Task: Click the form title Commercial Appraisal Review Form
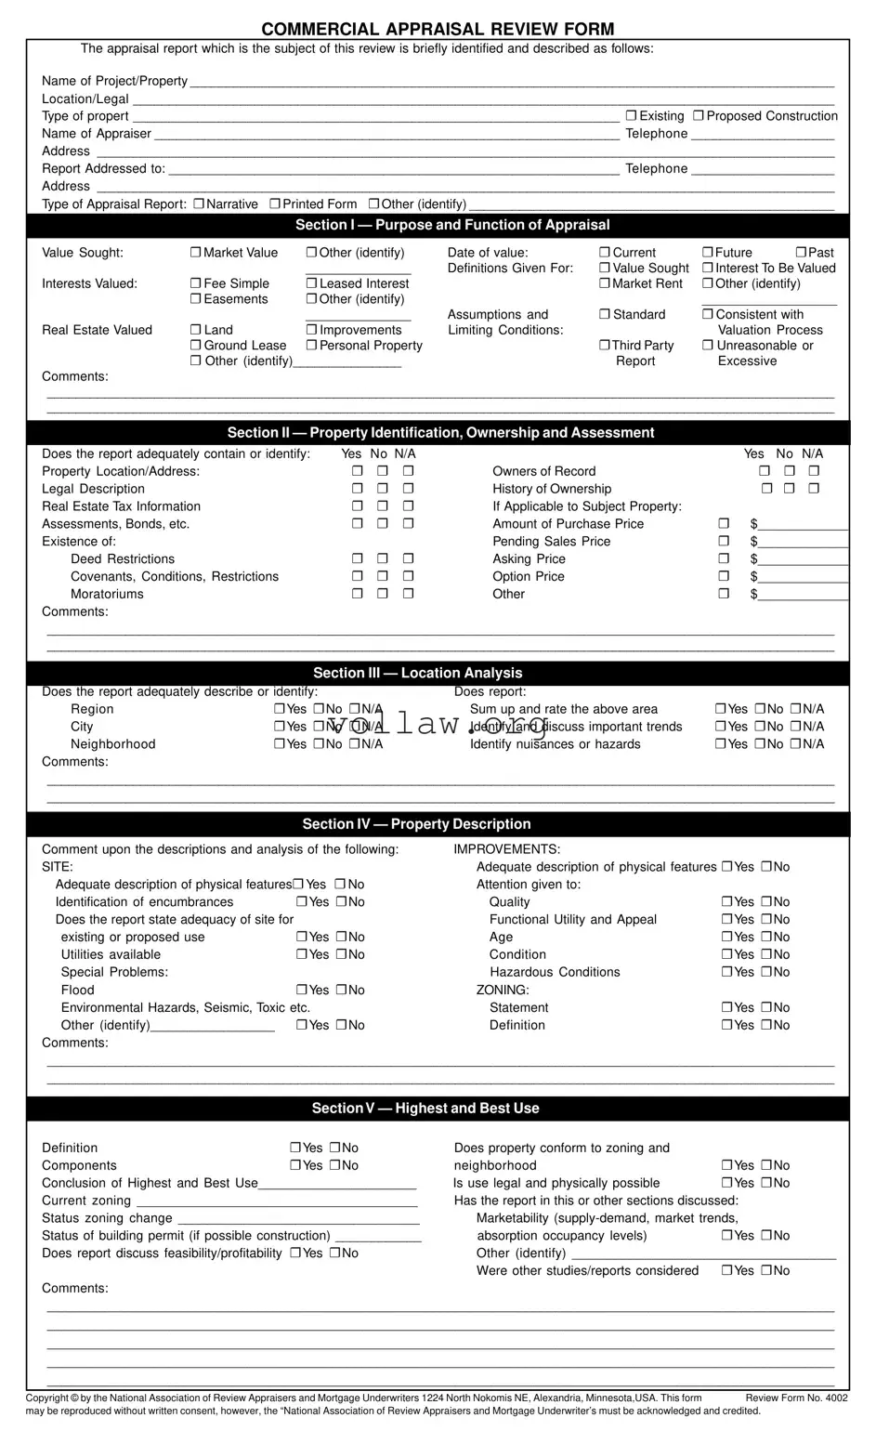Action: click(x=438, y=29)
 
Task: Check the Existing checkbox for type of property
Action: click(x=631, y=116)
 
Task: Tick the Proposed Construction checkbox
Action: click(x=699, y=116)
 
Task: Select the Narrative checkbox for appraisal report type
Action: click(x=199, y=204)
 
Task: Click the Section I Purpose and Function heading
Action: click(x=438, y=225)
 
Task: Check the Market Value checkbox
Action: click(x=195, y=253)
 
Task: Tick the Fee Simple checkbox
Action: click(x=195, y=283)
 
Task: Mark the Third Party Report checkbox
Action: click(x=605, y=346)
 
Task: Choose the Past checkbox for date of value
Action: click(x=801, y=253)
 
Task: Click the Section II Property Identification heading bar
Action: click(x=438, y=433)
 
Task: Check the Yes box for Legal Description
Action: click(x=357, y=489)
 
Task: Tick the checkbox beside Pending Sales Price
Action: click(x=724, y=542)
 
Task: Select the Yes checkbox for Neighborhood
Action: click(x=280, y=744)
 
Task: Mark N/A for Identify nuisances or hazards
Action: click(x=795, y=744)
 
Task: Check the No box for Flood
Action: click(x=341, y=991)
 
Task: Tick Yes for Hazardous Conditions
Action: click(x=727, y=973)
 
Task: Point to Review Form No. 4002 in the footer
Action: click(x=796, y=1398)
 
